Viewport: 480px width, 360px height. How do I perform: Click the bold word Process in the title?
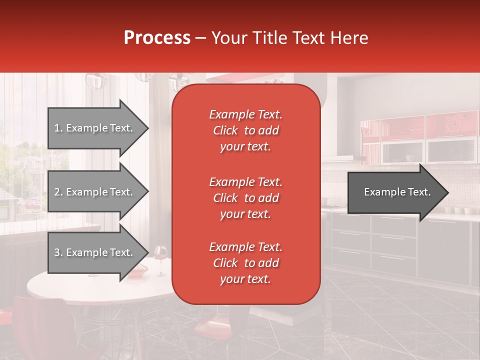click(x=157, y=37)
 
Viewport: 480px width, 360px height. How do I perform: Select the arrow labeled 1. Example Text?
click(x=97, y=128)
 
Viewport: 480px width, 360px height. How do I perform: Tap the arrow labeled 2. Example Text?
click(x=97, y=192)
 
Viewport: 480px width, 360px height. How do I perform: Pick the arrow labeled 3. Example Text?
click(x=97, y=252)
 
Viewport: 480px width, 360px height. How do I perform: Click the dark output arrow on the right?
click(x=397, y=192)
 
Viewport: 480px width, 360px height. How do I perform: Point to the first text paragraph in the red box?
click(x=245, y=130)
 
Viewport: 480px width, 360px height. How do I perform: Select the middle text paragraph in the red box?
click(x=245, y=198)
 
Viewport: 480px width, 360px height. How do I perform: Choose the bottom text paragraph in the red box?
click(x=245, y=263)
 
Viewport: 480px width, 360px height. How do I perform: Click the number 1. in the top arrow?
click(x=58, y=128)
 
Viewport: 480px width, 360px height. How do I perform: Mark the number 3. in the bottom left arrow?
click(x=58, y=252)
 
